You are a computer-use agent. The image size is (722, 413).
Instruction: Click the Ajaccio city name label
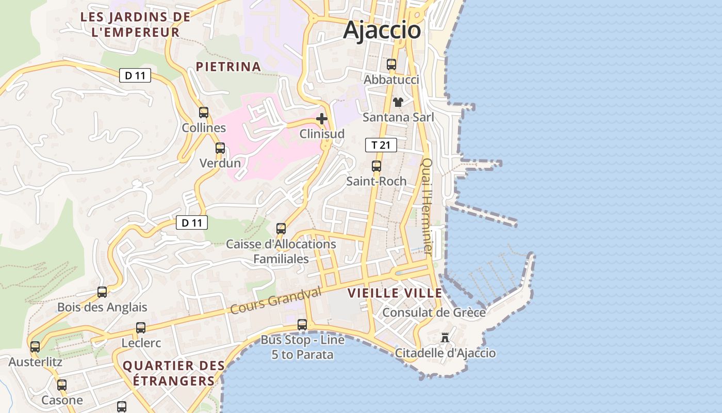382,29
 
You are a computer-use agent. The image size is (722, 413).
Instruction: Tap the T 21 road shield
381,145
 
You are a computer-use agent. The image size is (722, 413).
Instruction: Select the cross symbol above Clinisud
322,119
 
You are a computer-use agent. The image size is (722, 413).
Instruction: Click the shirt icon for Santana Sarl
398,102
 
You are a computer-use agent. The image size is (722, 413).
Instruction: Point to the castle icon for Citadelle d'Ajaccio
445,338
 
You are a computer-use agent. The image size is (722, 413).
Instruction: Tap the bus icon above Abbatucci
391,65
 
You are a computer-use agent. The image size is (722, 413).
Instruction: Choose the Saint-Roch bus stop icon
376,166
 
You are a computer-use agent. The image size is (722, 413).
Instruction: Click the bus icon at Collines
204,113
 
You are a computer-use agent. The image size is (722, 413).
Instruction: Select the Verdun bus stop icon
220,148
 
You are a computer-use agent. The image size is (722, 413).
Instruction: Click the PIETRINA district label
228,67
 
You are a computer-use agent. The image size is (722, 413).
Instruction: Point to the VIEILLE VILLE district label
395,293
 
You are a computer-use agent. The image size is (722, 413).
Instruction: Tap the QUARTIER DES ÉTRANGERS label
174,373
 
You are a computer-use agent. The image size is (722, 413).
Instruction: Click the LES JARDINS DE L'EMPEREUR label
136,24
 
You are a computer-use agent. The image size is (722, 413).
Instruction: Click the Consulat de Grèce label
434,312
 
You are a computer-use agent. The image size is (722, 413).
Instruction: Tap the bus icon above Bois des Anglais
102,292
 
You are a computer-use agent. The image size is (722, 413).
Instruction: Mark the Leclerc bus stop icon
141,328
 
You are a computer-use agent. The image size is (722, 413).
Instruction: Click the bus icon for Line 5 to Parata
302,325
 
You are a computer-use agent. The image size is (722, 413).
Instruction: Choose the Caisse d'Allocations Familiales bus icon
281,228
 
